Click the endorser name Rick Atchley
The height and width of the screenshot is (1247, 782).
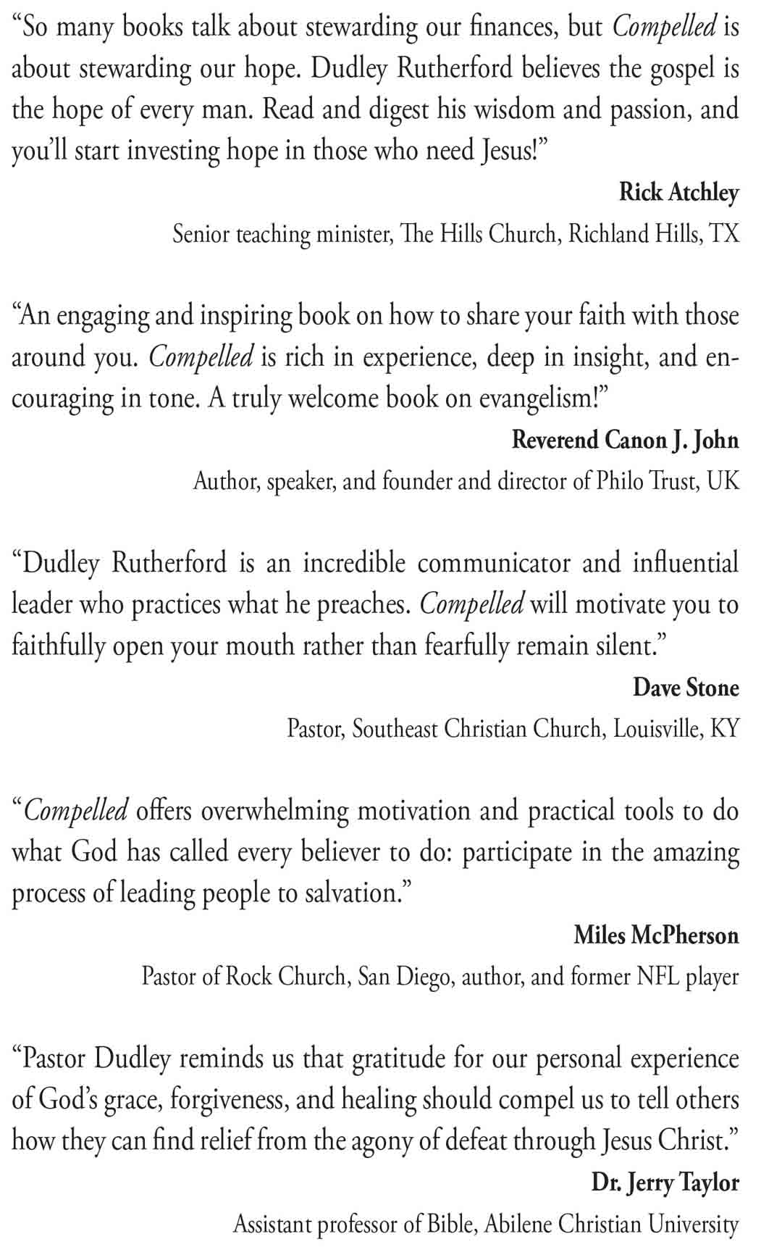[678, 193]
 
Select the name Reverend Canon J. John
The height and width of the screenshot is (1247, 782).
[625, 441]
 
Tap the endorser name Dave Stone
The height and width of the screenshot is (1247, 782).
[686, 688]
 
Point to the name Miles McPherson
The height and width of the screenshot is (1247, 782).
[656, 935]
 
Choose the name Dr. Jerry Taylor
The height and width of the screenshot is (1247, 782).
[665, 1183]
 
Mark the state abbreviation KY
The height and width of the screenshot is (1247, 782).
[725, 729]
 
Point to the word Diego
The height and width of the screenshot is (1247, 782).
[424, 977]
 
